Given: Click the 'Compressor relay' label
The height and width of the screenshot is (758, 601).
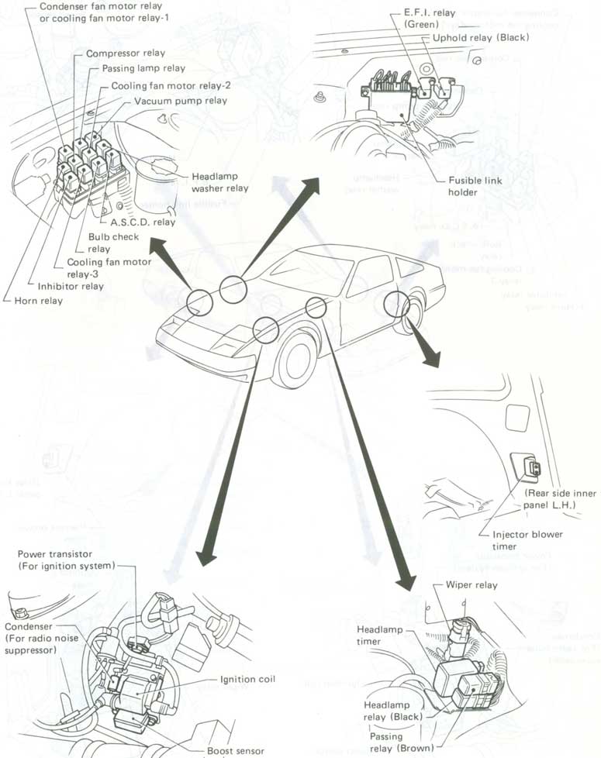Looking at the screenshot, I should coord(125,54).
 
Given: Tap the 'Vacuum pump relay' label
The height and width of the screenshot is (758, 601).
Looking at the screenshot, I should coord(181,101).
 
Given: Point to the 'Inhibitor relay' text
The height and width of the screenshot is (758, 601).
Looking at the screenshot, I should coord(71,286).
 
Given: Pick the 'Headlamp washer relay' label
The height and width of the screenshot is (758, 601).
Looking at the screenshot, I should coord(219,182).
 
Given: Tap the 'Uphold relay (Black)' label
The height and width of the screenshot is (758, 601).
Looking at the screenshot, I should coord(481,37).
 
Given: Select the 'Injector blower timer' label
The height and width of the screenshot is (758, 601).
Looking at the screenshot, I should coord(527,539).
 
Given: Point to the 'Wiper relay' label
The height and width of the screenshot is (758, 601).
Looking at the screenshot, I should coord(471,585).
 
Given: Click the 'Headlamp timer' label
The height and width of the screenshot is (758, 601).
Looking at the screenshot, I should coord(379,635).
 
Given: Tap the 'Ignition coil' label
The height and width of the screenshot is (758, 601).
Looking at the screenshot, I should coord(248,679).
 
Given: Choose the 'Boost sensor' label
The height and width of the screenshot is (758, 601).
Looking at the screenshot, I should coord(236,750).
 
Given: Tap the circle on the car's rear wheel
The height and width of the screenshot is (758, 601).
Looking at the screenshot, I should coord(397,304).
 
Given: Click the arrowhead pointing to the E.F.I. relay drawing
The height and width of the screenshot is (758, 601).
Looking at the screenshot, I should coord(312,184).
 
